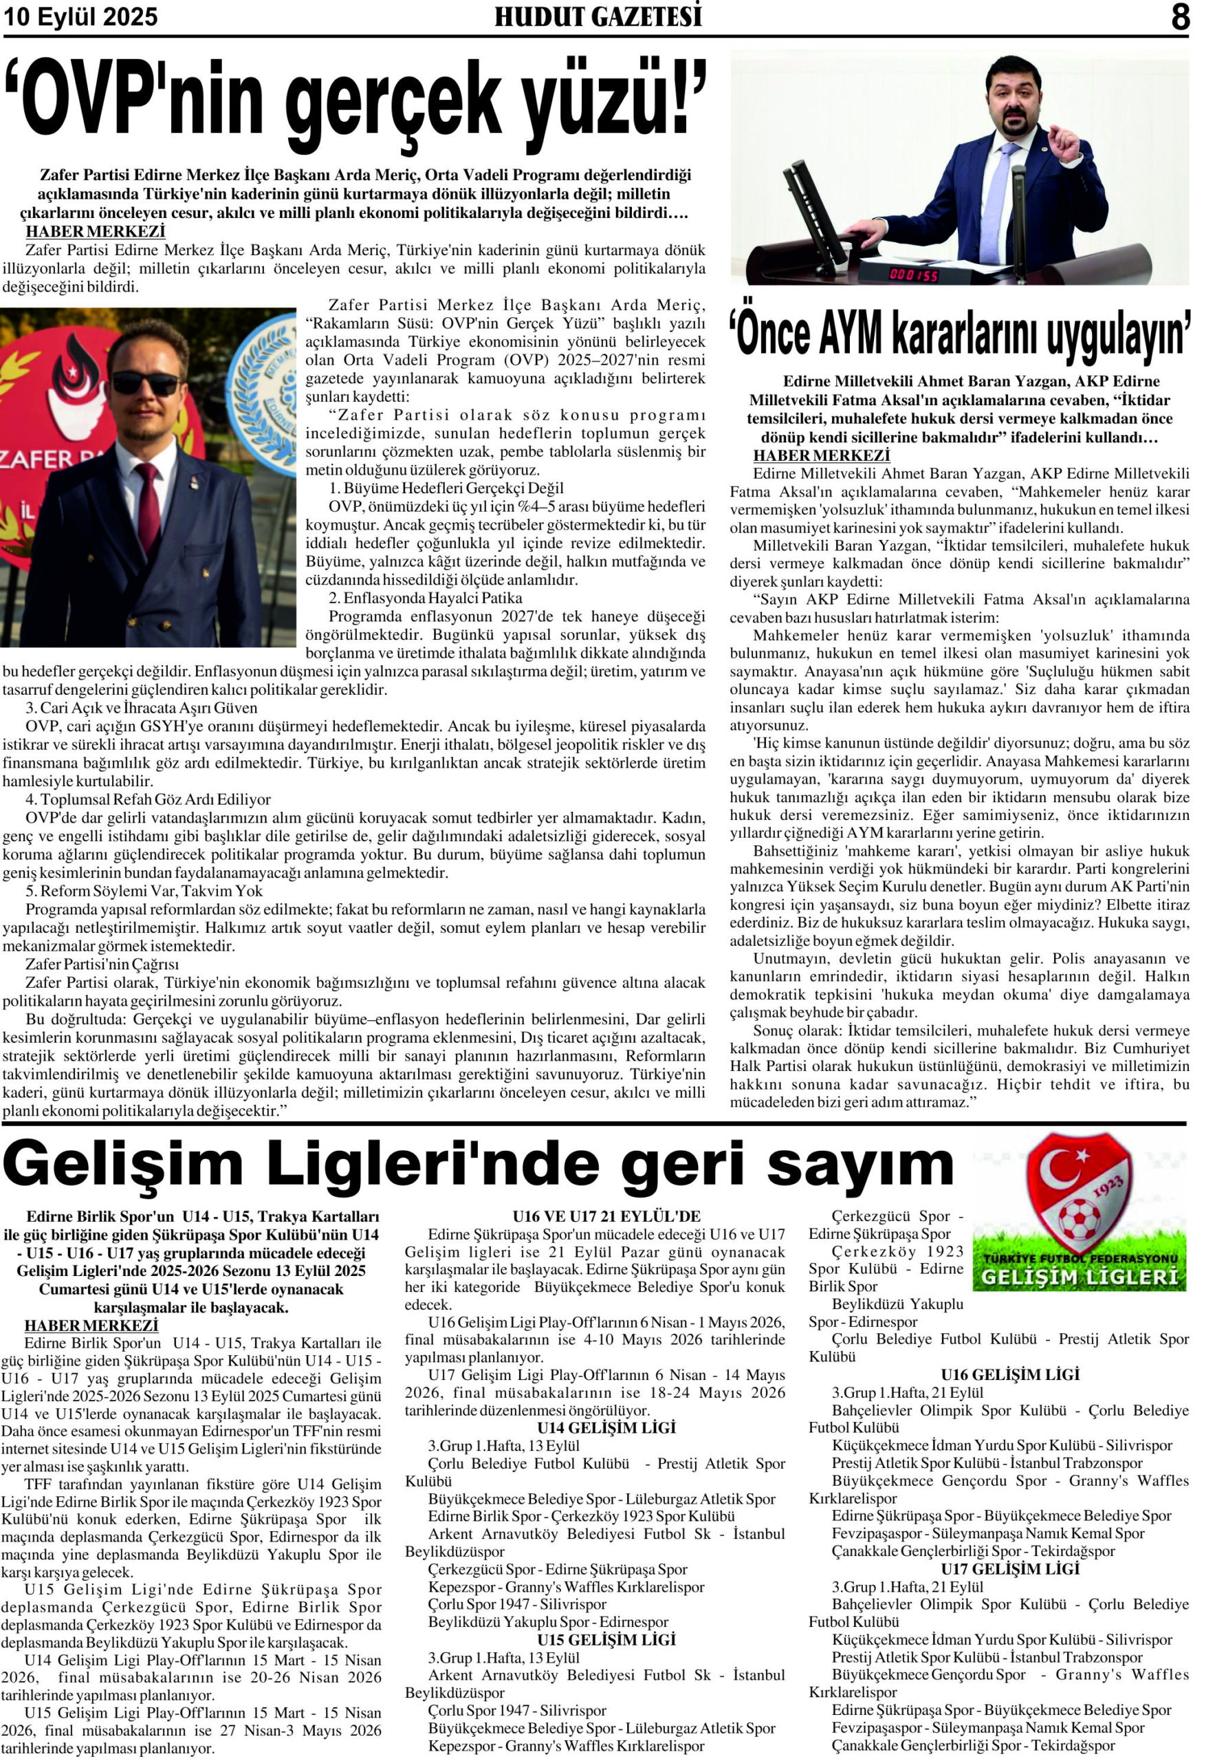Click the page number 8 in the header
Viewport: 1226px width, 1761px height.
pyautogui.click(x=1179, y=17)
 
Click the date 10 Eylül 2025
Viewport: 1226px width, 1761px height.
pyautogui.click(x=80, y=18)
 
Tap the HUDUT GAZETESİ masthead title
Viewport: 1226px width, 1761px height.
pyautogui.click(x=598, y=17)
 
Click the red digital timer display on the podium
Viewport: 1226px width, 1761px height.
pyautogui.click(x=914, y=274)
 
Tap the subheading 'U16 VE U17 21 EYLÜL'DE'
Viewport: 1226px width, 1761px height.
pyautogui.click(x=606, y=1216)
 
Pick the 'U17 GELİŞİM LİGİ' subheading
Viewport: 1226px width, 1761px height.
pyautogui.click(x=1010, y=1569)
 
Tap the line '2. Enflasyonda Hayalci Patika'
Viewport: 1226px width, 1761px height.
pyautogui.click(x=425, y=598)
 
